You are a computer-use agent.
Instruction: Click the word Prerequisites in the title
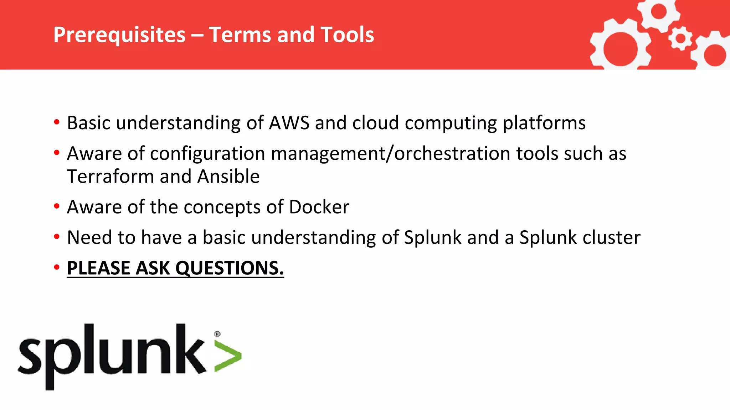(x=119, y=35)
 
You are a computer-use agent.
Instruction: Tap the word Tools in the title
(x=347, y=35)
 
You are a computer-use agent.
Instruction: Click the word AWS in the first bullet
(x=289, y=123)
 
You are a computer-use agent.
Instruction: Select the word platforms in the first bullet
(x=544, y=123)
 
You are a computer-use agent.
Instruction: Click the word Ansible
(x=228, y=177)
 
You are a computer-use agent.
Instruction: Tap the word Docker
(x=319, y=207)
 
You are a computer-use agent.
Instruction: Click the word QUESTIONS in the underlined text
(x=230, y=268)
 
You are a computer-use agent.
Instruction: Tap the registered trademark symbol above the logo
(x=217, y=334)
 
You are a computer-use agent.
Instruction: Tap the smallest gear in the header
(x=680, y=38)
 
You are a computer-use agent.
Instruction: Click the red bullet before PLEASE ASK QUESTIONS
(x=57, y=267)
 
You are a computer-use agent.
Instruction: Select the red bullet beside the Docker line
(x=57, y=206)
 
